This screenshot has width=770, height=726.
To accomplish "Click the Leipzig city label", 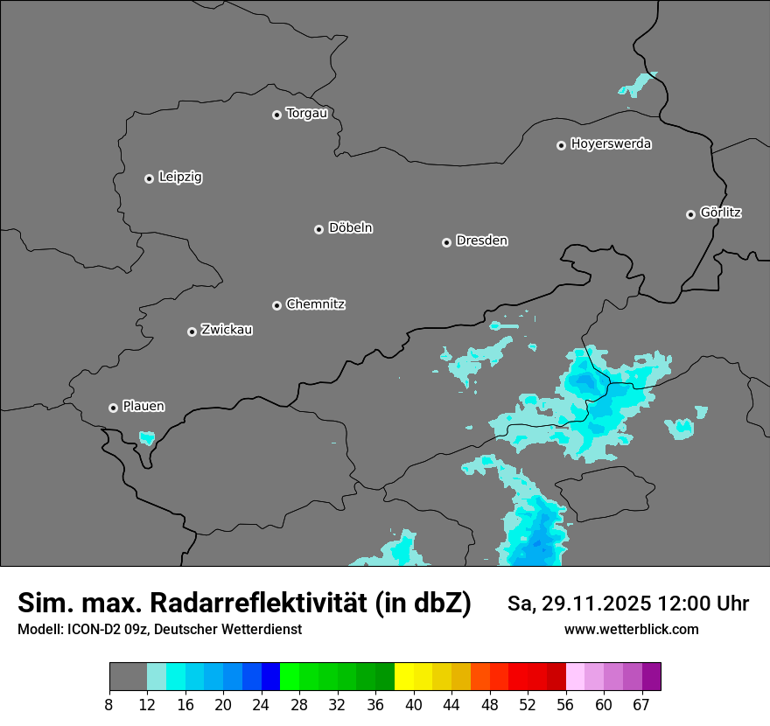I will [180, 178].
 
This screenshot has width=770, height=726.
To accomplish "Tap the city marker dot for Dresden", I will [446, 242].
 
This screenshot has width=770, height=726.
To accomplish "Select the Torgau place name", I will [306, 114].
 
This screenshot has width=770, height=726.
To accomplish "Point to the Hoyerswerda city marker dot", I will [561, 145].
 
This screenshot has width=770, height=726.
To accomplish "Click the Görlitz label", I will [721, 213].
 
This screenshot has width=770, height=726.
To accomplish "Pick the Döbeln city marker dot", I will [318, 229].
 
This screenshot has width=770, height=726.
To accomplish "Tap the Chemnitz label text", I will [316, 304].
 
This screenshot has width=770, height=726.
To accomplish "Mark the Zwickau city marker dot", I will [192, 332].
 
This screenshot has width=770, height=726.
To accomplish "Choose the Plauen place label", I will [143, 406].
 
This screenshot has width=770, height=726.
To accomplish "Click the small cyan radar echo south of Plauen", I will [146, 437].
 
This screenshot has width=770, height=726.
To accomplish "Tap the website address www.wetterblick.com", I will [631, 629].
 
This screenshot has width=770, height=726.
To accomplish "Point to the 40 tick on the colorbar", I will [414, 705].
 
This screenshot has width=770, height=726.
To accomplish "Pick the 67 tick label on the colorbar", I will [641, 705].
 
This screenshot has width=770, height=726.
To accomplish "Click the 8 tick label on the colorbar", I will [109, 705].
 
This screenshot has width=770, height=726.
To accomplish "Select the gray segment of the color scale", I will [128, 677].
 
